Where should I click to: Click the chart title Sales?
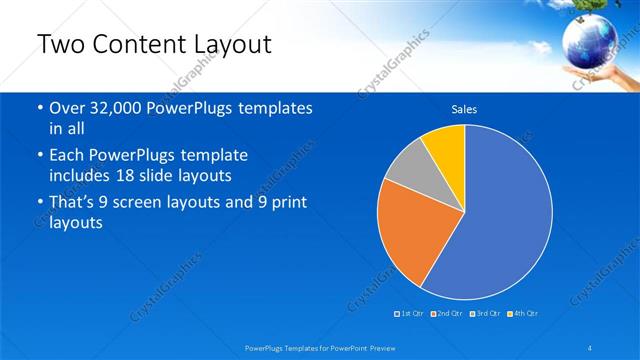click(464, 108)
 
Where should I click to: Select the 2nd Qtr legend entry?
click(446, 314)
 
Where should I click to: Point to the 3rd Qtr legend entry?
click(485, 314)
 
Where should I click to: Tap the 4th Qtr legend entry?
click(523, 314)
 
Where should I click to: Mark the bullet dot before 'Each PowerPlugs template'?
click(39, 156)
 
